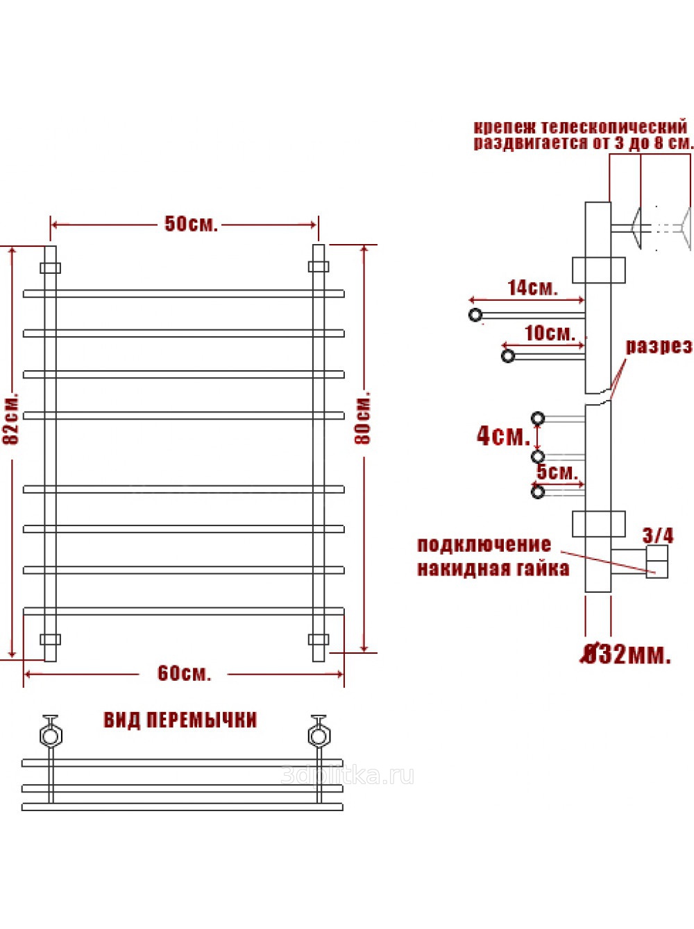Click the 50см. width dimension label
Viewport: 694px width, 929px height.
point(191,224)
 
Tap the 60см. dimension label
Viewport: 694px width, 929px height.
point(184,673)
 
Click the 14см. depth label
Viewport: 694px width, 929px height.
point(533,288)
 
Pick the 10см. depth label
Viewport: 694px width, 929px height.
point(550,333)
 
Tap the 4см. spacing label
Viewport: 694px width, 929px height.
point(503,436)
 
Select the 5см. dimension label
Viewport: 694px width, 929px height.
point(557,472)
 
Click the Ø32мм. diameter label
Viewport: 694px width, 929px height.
point(625,656)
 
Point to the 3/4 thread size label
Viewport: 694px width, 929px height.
point(657,536)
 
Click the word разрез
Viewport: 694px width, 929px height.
point(659,347)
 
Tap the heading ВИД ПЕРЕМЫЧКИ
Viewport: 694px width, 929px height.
point(180,720)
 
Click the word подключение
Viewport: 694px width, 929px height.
point(484,545)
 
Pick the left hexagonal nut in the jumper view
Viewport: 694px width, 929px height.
point(51,736)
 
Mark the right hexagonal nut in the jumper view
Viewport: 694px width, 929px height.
point(319,736)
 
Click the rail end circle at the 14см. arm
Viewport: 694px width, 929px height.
point(475,315)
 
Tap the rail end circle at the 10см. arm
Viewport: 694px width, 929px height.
point(508,356)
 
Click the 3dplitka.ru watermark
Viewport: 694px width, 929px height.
point(347,776)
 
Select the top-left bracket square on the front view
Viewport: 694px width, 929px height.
point(51,268)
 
